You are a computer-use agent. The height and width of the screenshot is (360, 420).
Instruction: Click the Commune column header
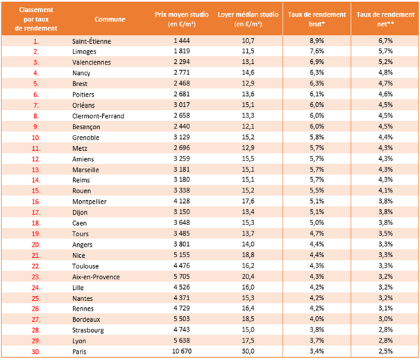tap(110, 19)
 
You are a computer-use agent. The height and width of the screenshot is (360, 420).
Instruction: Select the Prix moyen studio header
tap(182, 19)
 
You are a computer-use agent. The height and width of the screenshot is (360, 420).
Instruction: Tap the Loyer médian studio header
tap(248, 19)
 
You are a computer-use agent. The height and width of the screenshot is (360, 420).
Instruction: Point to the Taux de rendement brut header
tap(317, 19)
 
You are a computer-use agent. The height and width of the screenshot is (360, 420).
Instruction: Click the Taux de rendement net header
tap(385, 19)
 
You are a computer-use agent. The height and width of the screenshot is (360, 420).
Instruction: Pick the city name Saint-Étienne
tap(92, 41)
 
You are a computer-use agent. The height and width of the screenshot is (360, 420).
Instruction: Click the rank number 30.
tap(36, 352)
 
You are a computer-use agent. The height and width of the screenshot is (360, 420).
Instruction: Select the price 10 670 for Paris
tap(182, 351)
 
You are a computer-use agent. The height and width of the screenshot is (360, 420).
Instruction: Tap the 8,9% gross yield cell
tap(317, 41)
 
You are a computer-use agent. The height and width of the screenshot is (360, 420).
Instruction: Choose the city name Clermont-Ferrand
tap(98, 116)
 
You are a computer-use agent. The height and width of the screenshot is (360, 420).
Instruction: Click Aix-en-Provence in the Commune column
tap(96, 277)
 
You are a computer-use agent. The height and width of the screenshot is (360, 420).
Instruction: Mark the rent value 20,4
tap(248, 277)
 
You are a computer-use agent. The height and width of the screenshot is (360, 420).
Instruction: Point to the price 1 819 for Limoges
tap(182, 51)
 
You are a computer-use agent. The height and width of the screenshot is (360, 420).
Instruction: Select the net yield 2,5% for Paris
tap(385, 351)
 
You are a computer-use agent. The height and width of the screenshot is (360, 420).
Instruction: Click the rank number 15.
tap(36, 191)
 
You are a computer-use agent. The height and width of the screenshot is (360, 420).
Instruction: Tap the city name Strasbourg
tap(88, 330)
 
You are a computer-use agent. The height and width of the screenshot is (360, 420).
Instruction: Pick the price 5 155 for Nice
tap(182, 255)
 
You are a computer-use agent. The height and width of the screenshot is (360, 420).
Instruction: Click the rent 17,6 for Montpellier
tap(248, 201)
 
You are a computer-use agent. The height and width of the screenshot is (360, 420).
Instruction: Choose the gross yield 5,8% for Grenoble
tap(317, 137)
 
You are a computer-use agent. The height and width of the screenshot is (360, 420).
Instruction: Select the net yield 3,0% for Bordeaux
tap(385, 319)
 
